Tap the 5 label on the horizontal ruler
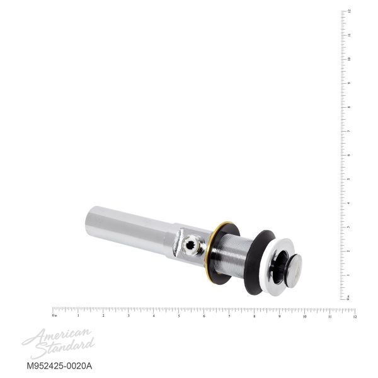[179, 316]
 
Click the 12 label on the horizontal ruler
[355, 316]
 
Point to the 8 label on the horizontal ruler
[255, 316]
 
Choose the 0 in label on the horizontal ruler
[55, 316]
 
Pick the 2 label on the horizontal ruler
[103, 316]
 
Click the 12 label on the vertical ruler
[349, 11]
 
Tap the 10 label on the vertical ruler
[349, 59]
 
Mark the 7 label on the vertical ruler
[349, 131]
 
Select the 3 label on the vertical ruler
[349, 227]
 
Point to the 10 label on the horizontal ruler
[305, 316]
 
